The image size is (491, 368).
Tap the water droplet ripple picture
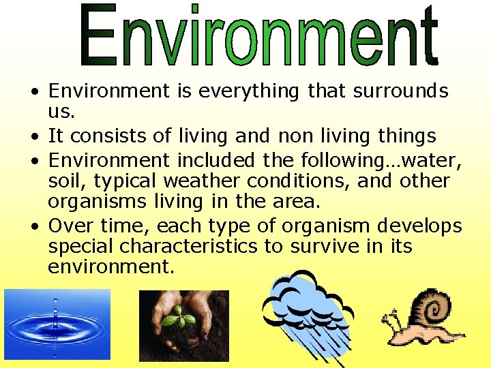click(57, 324)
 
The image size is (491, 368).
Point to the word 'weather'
click(201, 181)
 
